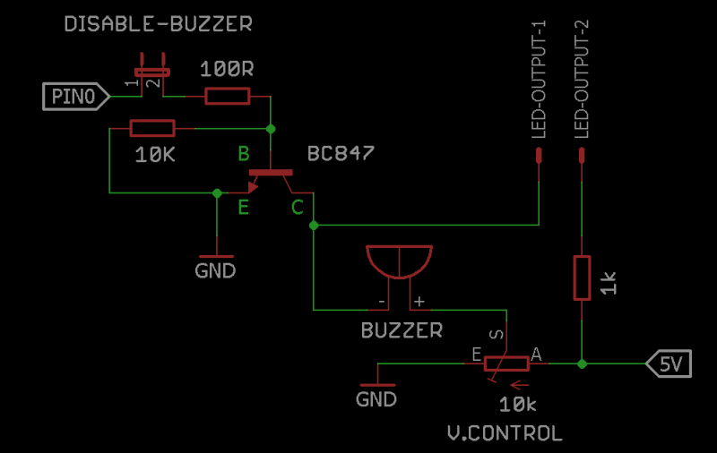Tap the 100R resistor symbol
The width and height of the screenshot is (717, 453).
click(x=228, y=97)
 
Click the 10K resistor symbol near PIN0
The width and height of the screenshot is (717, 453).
click(x=152, y=129)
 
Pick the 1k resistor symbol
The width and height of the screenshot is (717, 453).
click(x=583, y=278)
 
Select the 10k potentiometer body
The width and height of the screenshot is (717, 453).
click(x=506, y=363)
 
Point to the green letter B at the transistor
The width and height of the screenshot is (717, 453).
click(x=243, y=155)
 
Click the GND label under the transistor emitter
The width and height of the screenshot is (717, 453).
click(x=215, y=269)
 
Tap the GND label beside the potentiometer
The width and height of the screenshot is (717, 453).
click(x=376, y=399)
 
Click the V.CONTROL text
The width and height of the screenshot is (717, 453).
click(x=505, y=434)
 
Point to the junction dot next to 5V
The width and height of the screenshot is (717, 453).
click(x=583, y=364)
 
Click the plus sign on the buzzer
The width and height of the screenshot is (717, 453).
click(x=418, y=302)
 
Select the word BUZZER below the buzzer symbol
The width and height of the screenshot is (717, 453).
click(x=402, y=330)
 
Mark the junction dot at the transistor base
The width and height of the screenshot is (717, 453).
click(x=270, y=129)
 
